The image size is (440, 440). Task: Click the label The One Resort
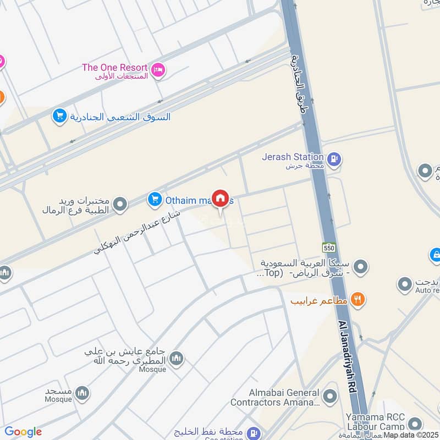114,68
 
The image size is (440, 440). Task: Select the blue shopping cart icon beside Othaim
155,200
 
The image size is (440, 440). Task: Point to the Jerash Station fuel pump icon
333,160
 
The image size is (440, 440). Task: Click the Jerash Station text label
293,157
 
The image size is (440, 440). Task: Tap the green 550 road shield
329,247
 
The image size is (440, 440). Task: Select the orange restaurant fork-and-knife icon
358,300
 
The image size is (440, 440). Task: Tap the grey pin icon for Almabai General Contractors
329,396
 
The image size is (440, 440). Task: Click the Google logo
23,432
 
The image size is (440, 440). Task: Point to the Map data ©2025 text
411,435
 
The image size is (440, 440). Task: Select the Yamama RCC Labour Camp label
376,422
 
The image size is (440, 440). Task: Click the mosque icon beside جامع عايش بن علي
177,359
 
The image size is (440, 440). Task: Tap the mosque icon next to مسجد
82,393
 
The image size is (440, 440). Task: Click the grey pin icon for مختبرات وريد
119,205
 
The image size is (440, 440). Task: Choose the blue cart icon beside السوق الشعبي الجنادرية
59,116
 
